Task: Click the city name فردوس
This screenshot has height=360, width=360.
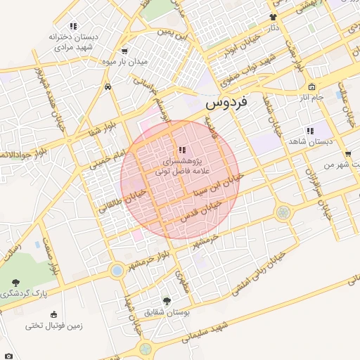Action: click(x=228, y=103)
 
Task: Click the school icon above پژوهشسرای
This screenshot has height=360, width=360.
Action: click(x=182, y=150)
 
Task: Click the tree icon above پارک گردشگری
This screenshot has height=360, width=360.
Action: click(x=15, y=282)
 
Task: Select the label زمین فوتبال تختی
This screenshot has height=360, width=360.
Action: click(x=53, y=325)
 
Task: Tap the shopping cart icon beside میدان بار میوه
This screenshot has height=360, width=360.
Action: click(x=124, y=51)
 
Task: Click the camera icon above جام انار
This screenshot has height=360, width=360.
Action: click(x=311, y=86)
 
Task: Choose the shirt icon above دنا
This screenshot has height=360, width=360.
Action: click(x=273, y=17)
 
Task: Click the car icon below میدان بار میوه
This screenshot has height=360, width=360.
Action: click(x=107, y=86)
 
